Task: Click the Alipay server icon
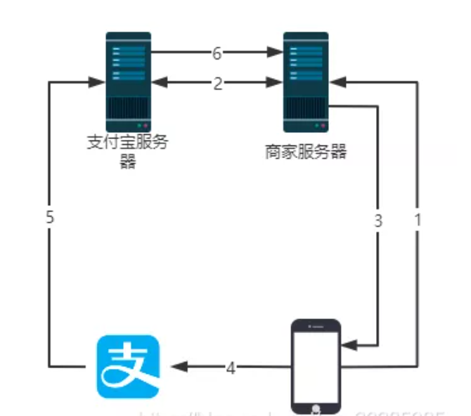128,81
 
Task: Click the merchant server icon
306,81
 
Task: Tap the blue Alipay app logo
128,367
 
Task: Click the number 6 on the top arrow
217,52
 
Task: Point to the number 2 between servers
217,83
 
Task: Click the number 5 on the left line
49,218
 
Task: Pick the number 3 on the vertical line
378,220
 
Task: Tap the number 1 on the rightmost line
418,220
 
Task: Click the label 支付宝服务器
128,151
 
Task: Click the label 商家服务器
306,152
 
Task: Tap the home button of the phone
316,408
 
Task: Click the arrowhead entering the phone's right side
349,345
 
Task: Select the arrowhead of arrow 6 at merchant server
275,52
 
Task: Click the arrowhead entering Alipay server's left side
98,83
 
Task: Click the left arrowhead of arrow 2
160,83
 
